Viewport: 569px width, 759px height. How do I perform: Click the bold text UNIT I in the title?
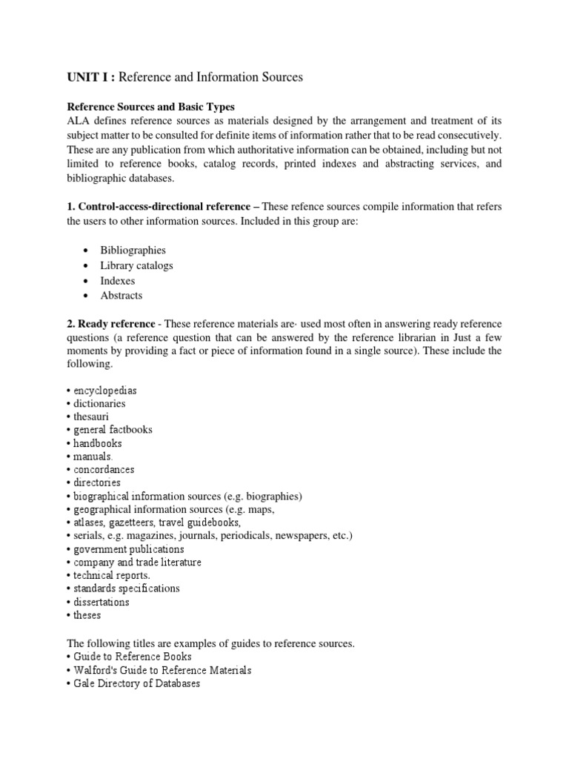[91, 77]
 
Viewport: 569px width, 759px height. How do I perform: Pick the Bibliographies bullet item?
[133, 251]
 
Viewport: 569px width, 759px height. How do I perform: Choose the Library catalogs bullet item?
[136, 265]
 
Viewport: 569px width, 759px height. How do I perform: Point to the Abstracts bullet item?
[122, 295]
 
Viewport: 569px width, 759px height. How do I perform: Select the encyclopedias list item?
[104, 390]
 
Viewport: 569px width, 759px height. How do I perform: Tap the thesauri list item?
[91, 417]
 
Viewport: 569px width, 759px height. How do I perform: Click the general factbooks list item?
[113, 430]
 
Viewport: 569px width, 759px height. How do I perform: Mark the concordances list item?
[104, 470]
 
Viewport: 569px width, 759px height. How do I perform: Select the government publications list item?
[128, 549]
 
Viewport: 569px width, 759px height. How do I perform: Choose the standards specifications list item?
[126, 589]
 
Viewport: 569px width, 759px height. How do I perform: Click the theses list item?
[87, 615]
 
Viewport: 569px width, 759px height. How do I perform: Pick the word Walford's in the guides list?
[98, 670]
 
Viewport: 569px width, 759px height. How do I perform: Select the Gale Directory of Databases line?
[136, 683]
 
